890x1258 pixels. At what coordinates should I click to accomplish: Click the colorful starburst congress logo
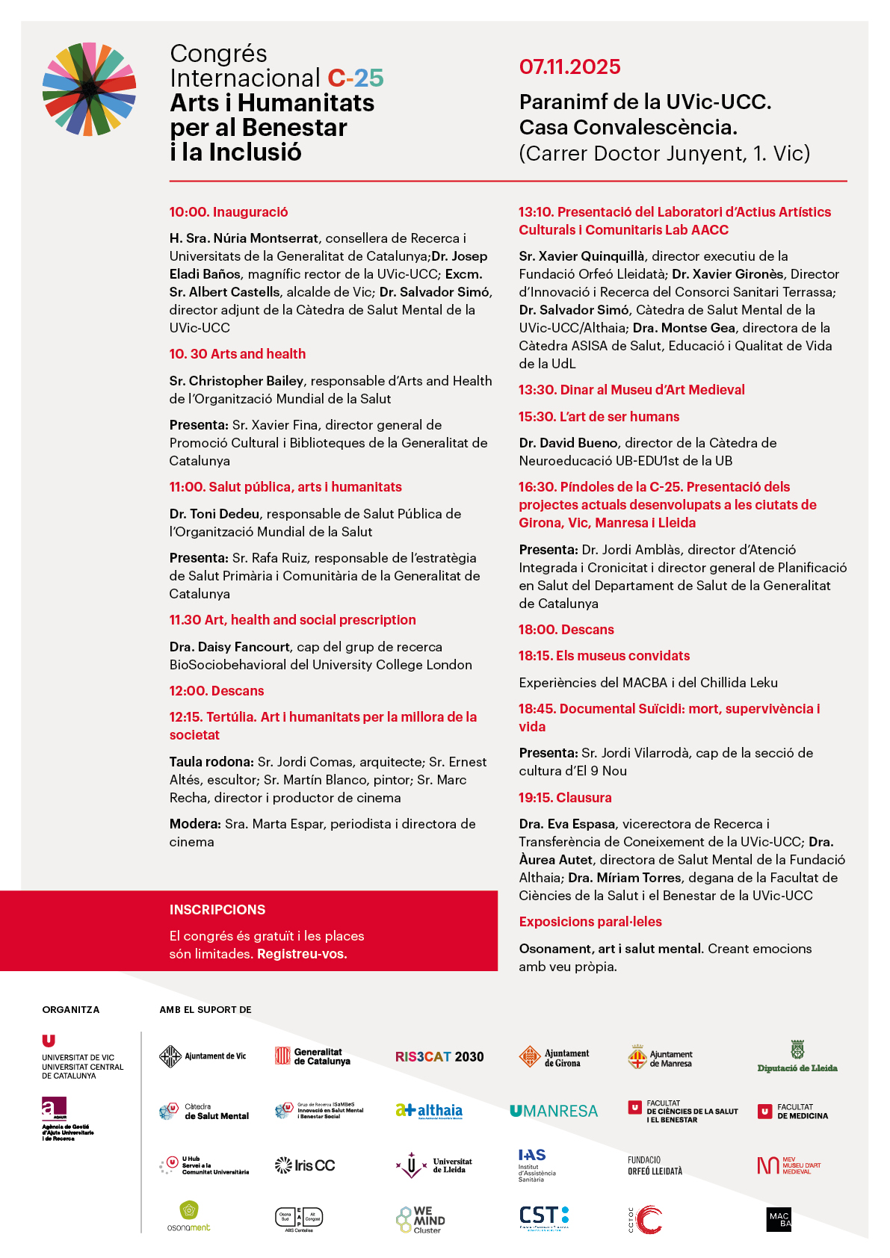coord(89,90)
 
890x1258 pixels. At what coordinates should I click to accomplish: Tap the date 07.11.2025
coord(569,66)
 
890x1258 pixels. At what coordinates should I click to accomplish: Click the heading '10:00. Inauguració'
coord(229,212)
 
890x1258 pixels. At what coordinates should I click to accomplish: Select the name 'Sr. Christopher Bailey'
coord(236,381)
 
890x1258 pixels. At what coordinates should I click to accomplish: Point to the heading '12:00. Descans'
coord(217,691)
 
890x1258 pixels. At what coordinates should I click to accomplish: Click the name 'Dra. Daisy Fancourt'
coord(229,647)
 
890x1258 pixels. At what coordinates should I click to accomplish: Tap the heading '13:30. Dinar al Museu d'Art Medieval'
coord(631,390)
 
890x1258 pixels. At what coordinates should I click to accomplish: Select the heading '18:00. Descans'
coord(566,630)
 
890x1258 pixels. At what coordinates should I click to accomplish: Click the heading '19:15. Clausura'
coord(565,798)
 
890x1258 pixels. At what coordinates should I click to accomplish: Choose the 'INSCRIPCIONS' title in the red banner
coord(217,910)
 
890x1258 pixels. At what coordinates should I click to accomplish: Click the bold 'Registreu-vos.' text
coord(302,954)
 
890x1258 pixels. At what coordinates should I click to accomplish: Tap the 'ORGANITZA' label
coord(71,1010)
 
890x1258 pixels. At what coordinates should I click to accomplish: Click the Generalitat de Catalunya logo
coord(313,1056)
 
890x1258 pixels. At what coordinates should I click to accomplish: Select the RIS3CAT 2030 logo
coord(439,1057)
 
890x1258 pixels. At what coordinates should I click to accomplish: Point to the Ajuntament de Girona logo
coord(554,1057)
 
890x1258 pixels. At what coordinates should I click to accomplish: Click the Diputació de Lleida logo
coord(797,1057)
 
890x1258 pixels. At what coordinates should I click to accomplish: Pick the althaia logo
coord(430,1112)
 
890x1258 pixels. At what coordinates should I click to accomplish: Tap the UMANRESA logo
coord(554,1112)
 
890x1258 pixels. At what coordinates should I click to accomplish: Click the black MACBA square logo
coord(779,1220)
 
